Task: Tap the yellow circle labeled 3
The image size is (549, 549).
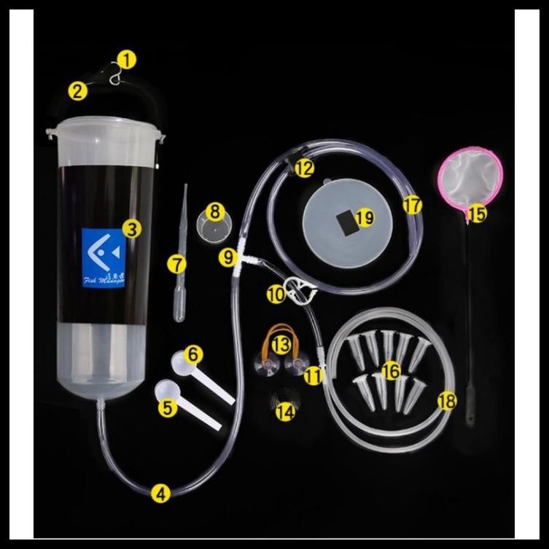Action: tap(131, 229)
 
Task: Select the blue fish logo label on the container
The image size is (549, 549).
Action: tap(104, 257)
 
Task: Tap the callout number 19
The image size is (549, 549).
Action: tap(365, 217)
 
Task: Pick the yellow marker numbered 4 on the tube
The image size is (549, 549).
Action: tap(160, 493)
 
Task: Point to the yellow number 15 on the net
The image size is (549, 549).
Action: tap(477, 213)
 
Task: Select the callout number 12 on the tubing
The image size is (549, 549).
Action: tap(304, 168)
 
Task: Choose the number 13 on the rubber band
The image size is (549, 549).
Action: tap(281, 342)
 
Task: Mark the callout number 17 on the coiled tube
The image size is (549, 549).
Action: tap(413, 206)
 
